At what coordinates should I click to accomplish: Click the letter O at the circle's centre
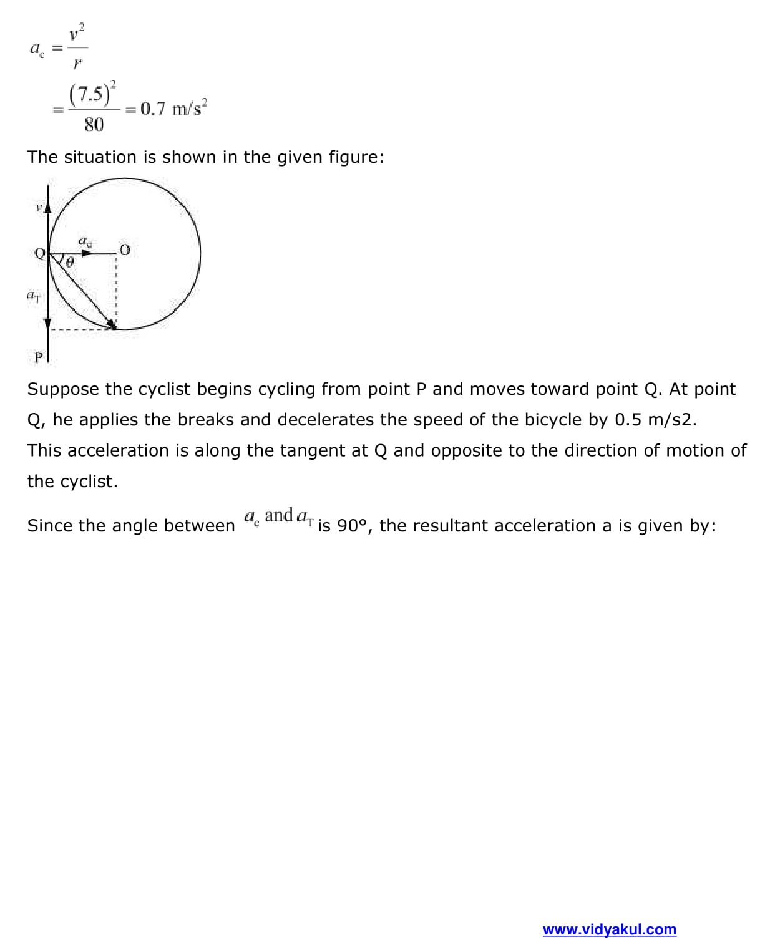(x=124, y=250)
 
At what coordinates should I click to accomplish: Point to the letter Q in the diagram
(x=39, y=253)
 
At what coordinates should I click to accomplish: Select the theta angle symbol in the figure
(x=69, y=263)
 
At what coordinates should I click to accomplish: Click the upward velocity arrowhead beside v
(x=47, y=207)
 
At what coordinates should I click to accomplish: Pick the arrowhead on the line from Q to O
(x=87, y=253)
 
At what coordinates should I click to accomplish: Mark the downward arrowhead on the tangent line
(x=47, y=322)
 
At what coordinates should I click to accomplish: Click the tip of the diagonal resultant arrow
(x=113, y=325)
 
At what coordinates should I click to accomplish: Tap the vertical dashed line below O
(x=116, y=290)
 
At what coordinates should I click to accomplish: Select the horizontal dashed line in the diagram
(x=81, y=329)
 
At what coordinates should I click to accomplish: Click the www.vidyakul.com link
(x=609, y=929)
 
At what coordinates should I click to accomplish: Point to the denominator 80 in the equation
(x=94, y=125)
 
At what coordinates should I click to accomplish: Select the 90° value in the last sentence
(x=351, y=526)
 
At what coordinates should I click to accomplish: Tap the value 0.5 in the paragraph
(x=628, y=420)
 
